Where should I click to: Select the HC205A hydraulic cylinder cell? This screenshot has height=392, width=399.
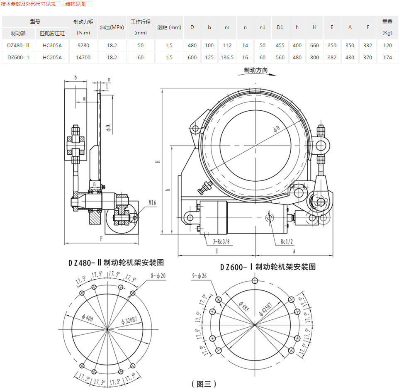point(52,58)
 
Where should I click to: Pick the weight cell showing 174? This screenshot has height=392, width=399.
point(387,58)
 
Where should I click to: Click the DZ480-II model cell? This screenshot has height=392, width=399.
point(18,46)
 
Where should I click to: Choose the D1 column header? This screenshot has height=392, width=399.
point(280,27)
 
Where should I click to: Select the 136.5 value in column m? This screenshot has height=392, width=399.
point(227,58)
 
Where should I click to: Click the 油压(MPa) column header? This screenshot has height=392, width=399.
point(112,27)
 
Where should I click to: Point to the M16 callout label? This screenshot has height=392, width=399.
point(152,203)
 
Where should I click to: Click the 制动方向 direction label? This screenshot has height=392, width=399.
point(256,71)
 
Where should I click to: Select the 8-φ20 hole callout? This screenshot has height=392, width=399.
point(158,275)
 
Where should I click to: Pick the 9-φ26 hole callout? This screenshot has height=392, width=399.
point(199,276)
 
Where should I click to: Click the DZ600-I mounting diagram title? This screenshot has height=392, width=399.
point(267,267)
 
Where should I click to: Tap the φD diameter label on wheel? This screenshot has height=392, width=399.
point(277,129)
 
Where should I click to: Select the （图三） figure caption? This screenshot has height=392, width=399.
point(204,384)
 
